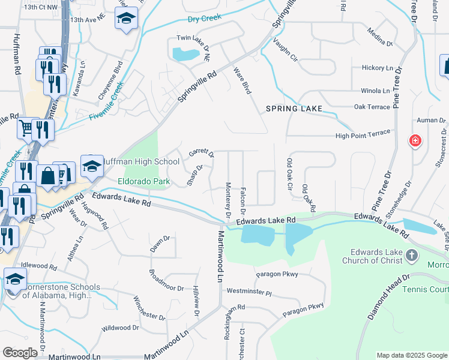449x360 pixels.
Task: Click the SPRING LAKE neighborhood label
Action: pos(294,109)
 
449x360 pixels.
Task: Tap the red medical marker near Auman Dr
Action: pos(415,142)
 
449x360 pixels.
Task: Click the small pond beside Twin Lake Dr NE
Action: pos(185,55)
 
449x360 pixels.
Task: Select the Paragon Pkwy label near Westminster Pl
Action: pos(277,274)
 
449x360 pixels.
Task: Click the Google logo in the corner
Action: pos(20,353)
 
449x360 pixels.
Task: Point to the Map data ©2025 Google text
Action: pos(411,355)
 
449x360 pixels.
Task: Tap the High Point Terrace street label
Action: pos(363,134)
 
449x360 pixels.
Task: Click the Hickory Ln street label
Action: pos(376,68)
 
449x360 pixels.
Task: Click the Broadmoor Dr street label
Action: pos(166,281)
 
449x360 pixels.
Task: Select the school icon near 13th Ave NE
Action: pos(126,19)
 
